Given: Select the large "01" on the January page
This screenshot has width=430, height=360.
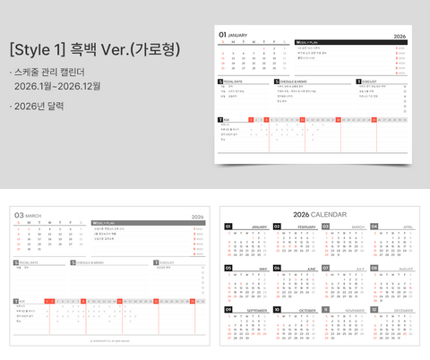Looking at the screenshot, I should click(223, 34).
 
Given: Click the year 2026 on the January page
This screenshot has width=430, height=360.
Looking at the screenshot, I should click(400, 35).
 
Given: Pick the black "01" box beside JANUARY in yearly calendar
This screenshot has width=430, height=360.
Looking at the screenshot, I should click(228, 227).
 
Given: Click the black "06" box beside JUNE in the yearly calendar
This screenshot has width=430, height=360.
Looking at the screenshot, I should click(277, 268).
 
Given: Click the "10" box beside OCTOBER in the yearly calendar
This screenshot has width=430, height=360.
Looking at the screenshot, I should click(277, 309).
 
